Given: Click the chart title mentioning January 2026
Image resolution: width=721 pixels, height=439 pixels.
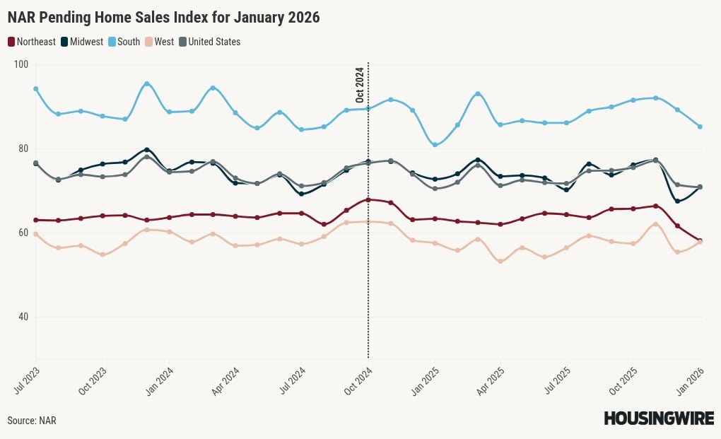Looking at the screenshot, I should [x=163, y=18].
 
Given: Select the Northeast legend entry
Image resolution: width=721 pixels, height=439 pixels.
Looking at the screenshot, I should [x=32, y=42].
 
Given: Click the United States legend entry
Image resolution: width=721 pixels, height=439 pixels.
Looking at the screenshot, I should [x=210, y=42].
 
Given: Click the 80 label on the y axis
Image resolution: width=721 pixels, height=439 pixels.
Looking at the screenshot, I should [x=21, y=148].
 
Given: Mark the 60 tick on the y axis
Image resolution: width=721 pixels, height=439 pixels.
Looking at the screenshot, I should [x=21, y=233].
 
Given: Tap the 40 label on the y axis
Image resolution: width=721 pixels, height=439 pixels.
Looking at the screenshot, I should [x=21, y=317].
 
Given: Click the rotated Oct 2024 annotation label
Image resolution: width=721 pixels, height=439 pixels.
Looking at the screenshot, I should [x=360, y=86].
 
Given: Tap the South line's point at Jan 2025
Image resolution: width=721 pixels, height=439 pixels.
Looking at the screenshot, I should [x=435, y=145].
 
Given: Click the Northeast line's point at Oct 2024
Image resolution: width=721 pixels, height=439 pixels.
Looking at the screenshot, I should [x=368, y=200].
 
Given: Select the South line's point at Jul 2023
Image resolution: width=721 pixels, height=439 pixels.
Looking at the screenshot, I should [x=35, y=89].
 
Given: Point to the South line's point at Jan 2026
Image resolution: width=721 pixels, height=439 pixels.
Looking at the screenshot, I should [x=700, y=127].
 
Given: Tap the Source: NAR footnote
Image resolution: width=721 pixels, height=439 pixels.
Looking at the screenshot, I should [x=32, y=421].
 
